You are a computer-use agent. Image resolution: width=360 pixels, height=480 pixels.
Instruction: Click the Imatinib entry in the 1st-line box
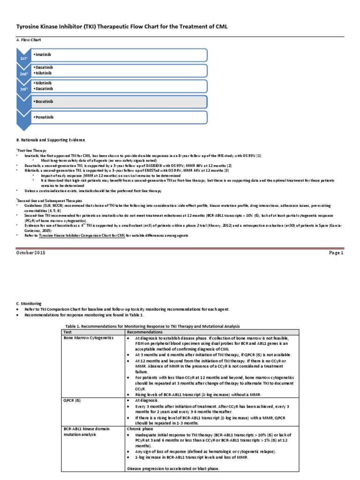click(x=42, y=54)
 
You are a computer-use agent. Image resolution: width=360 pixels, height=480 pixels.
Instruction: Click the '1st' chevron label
click(x=24, y=58)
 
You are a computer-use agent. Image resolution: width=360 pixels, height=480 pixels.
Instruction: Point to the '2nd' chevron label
click(x=24, y=74)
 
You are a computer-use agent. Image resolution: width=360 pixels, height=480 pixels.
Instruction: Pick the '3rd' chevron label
click(x=24, y=89)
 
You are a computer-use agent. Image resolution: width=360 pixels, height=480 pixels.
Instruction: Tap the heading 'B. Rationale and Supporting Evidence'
click(x=51, y=140)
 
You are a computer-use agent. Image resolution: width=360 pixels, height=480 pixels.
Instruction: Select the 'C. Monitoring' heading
click(x=29, y=304)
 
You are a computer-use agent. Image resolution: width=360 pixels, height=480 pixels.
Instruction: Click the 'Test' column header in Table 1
click(x=69, y=331)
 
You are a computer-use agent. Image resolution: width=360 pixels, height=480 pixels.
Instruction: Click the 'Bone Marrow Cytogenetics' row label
click(x=89, y=337)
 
